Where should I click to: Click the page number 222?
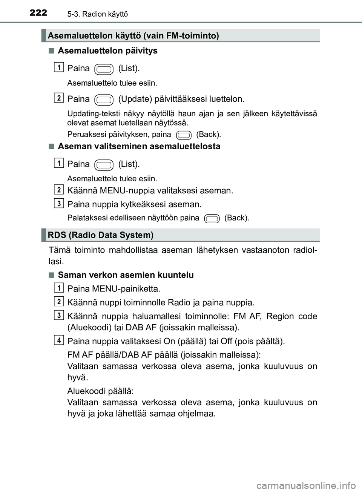coord(38,13)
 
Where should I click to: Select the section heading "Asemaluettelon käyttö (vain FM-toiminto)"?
coord(133,36)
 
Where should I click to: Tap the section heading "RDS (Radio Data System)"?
coord(101,235)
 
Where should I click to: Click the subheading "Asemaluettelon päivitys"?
coord(107,51)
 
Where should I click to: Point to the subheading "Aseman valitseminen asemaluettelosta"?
coord(139,146)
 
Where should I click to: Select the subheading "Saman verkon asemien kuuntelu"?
coord(126,275)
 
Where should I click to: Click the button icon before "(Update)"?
coord(104,100)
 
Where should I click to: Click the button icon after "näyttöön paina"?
coord(212,218)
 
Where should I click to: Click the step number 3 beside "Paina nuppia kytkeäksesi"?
coord(59,204)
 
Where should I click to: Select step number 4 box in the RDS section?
coord(59,340)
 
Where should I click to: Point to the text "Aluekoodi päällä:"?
coord(100,391)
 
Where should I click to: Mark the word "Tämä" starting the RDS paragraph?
coord(59,250)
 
